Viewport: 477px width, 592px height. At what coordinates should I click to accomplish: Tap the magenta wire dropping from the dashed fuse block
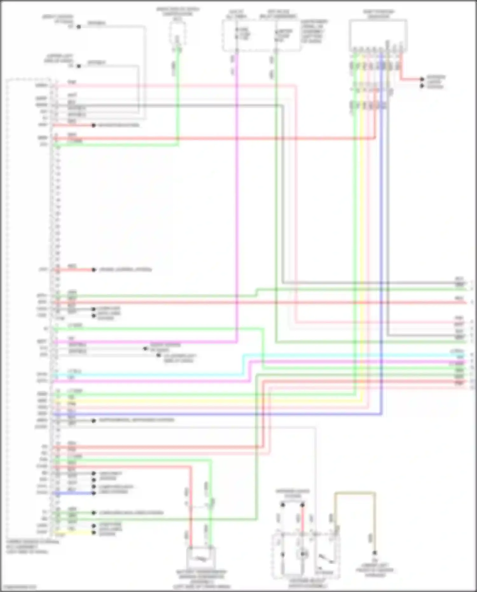click(237, 191)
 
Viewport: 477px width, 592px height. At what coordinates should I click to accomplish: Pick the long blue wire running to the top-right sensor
click(381, 254)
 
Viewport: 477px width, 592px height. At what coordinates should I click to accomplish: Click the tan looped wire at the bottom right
click(355, 494)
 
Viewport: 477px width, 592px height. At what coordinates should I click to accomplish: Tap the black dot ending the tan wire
click(375, 553)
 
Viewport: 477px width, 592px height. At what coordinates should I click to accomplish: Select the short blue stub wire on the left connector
click(73, 493)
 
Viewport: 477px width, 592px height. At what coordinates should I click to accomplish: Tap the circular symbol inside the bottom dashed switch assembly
click(302, 554)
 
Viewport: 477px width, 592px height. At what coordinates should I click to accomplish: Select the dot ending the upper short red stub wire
click(93, 125)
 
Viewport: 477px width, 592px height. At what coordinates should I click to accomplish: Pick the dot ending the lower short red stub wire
click(93, 270)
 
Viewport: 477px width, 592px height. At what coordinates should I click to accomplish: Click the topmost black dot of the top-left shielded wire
click(79, 27)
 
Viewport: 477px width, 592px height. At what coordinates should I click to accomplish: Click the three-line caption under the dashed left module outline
click(32, 547)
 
